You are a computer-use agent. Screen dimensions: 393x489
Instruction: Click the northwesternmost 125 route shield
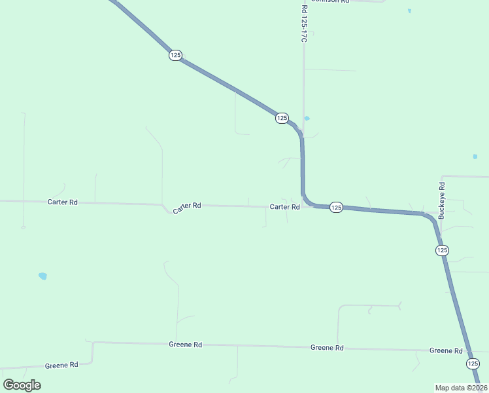click(175, 56)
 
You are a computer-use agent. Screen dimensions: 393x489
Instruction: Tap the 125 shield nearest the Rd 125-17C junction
click(282, 118)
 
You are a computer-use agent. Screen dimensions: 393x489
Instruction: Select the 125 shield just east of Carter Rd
click(335, 207)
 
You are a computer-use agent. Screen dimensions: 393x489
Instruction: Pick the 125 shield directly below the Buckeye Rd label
click(442, 250)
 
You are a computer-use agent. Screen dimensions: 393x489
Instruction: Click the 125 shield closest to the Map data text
click(473, 364)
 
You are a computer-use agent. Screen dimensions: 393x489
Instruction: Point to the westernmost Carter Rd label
click(63, 202)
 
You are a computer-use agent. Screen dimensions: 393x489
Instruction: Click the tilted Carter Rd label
click(186, 208)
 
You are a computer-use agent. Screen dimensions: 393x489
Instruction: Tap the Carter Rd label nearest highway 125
click(284, 207)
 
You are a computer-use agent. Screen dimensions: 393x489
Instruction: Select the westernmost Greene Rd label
click(61, 365)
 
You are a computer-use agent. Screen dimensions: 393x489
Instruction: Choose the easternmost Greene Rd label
click(446, 351)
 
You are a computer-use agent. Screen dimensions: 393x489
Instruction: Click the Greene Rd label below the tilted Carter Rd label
click(185, 344)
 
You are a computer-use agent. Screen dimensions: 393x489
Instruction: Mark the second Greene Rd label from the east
click(327, 348)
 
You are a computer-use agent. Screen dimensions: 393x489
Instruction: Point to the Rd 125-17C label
click(304, 24)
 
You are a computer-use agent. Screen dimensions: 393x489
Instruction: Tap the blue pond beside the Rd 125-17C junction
click(307, 119)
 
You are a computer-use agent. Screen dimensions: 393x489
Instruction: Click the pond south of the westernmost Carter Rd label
click(42, 276)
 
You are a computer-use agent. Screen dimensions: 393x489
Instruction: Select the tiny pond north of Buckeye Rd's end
click(475, 157)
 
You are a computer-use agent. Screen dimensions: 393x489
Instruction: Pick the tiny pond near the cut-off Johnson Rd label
click(409, 11)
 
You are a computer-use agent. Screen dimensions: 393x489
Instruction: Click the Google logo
click(22, 385)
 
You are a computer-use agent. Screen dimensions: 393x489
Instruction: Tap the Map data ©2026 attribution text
click(461, 388)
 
